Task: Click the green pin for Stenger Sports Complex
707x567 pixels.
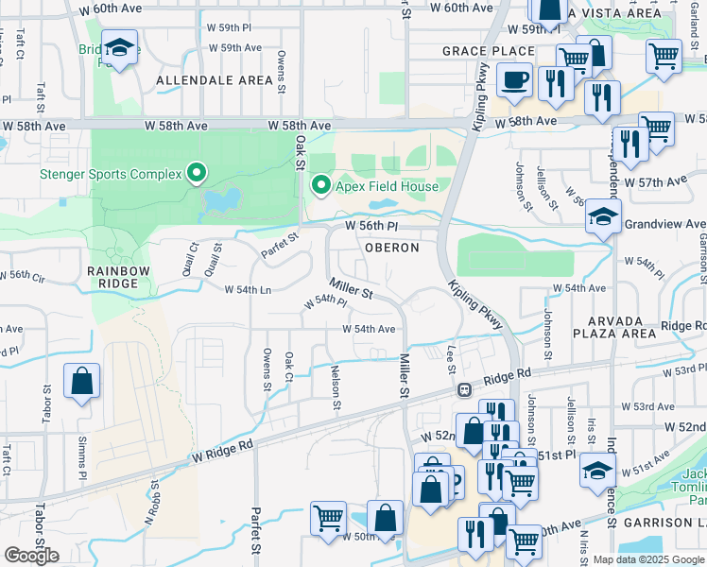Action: point(197,173)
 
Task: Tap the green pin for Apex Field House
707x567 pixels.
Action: point(321,186)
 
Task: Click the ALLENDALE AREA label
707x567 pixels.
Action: point(215,80)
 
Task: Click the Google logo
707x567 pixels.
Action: point(31,556)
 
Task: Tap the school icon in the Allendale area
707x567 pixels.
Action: point(120,47)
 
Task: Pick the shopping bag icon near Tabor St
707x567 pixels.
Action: point(82,382)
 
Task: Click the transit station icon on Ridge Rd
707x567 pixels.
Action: point(464,389)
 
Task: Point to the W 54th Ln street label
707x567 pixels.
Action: point(248,289)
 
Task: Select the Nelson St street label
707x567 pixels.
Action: point(336,390)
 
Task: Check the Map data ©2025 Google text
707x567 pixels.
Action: point(647,559)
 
